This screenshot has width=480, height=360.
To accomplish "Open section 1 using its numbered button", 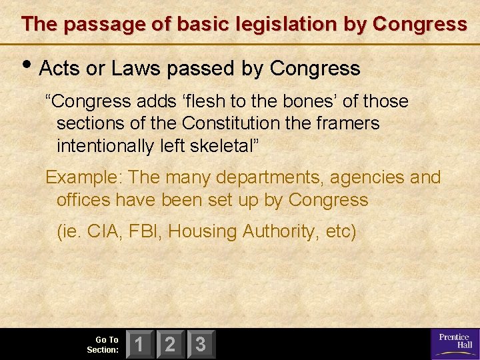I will [140, 345].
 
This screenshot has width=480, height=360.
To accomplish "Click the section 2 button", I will [171, 345].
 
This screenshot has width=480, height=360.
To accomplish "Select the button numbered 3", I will [201, 345].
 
